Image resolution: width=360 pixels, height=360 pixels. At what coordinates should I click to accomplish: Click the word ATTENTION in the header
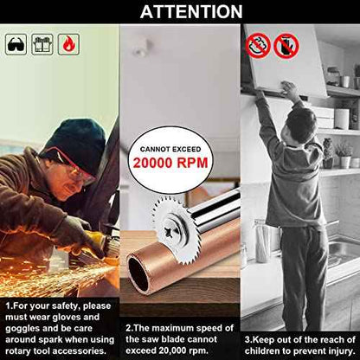pyautogui.click(x=191, y=12)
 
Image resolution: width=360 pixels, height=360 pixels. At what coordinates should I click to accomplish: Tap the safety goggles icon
pyautogui.click(x=16, y=44)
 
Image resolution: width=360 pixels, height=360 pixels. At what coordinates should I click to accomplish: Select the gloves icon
pyautogui.click(x=42, y=44)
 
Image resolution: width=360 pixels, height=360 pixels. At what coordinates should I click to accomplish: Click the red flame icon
pyautogui.click(x=68, y=44)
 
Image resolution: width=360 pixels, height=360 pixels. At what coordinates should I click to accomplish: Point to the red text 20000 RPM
pyautogui.click(x=170, y=163)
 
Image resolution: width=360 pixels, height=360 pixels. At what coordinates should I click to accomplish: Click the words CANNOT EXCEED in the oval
pyautogui.click(x=170, y=149)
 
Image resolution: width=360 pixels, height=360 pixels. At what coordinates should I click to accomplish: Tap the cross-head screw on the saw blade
pyautogui.click(x=170, y=230)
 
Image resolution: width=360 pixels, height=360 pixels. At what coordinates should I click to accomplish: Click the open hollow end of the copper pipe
pyautogui.click(x=138, y=273)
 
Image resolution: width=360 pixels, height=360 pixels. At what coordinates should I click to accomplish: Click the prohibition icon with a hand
pyautogui.click(x=286, y=46)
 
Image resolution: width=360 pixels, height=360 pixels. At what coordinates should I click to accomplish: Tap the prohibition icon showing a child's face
pyautogui.click(x=258, y=46)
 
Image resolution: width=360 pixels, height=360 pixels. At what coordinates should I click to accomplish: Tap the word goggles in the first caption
pyautogui.click(x=22, y=329)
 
